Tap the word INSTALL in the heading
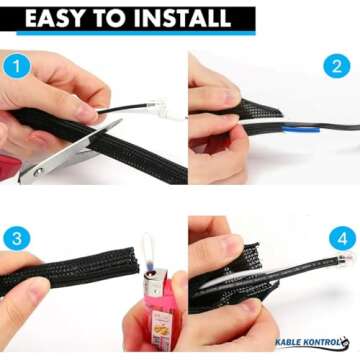coord(184,18)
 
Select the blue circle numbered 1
coord(17,66)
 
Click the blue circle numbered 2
coord(337,66)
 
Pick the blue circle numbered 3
coord(17,238)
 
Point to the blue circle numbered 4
coord(342,238)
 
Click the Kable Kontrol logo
coord(312,342)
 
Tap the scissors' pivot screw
coord(38,172)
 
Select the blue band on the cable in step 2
coord(300,129)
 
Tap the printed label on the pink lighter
coord(162,325)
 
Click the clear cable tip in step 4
coord(345,258)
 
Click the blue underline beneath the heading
coord(136,33)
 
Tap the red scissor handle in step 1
coord(9,168)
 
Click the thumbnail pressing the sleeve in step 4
coord(252,307)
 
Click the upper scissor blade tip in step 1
coord(121,120)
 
